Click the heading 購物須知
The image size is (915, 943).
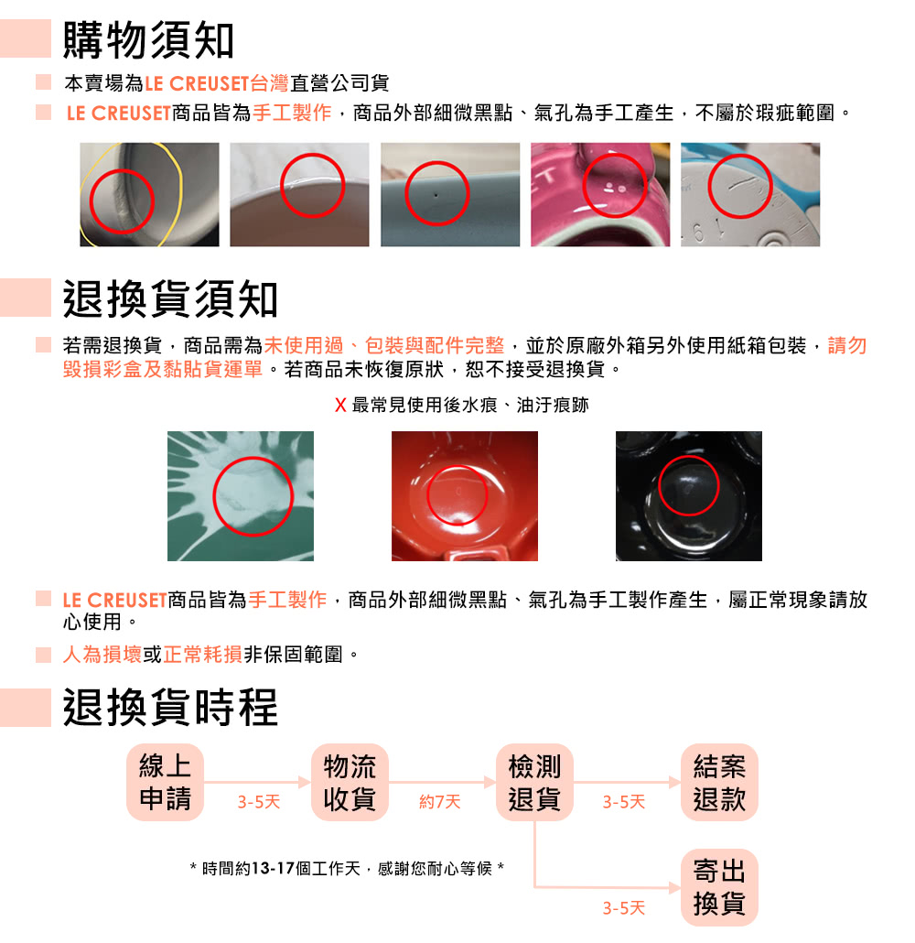pyautogui.click(x=148, y=39)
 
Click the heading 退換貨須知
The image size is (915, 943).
pyautogui.click(x=170, y=298)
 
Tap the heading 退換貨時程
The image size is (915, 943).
pyautogui.click(x=170, y=707)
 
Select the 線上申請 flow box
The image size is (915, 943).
pyautogui.click(x=165, y=782)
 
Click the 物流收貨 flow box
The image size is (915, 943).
pyautogui.click(x=350, y=782)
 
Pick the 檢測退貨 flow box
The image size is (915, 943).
pyautogui.click(x=534, y=782)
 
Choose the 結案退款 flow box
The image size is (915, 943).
pyautogui.click(x=719, y=782)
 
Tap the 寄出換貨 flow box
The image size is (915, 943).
pyautogui.click(x=719, y=887)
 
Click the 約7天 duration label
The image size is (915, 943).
pyautogui.click(x=439, y=802)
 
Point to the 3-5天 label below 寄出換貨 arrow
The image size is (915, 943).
pyautogui.click(x=623, y=907)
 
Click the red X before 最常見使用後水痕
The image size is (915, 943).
pyautogui.click(x=340, y=406)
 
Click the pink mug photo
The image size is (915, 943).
pyautogui.click(x=600, y=194)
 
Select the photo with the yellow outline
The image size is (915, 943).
pyautogui.click(x=149, y=194)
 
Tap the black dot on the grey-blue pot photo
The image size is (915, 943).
pyautogui.click(x=436, y=195)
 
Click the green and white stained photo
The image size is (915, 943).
pyautogui.click(x=241, y=496)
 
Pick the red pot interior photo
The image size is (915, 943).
pyautogui.click(x=465, y=496)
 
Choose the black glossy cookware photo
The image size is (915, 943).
pyautogui.click(x=689, y=496)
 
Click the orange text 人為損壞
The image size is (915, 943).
pyautogui.click(x=102, y=655)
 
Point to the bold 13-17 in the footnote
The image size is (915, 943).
pyautogui.click(x=273, y=869)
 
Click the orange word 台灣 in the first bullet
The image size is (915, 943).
pyautogui.click(x=269, y=83)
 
